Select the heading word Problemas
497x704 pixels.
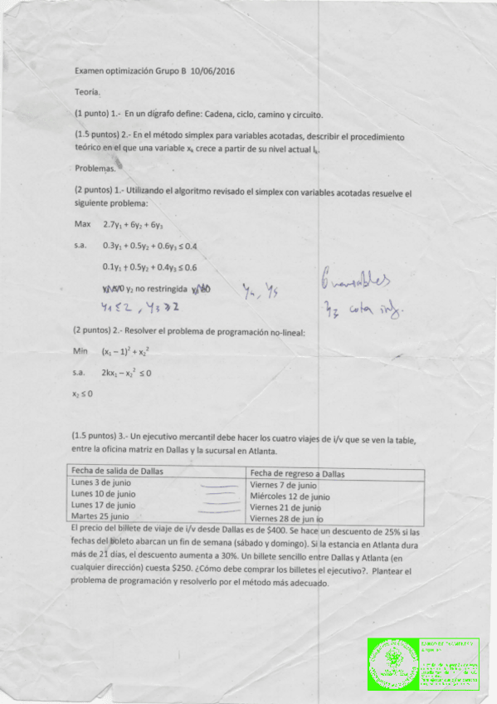[95, 169]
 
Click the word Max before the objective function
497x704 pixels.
[82, 224]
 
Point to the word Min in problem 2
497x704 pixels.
[80, 352]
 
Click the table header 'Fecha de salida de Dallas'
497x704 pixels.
[117, 471]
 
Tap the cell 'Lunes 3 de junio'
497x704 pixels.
[103, 482]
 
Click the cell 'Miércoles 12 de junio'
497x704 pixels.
[290, 496]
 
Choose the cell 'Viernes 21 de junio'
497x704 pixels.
[285, 507]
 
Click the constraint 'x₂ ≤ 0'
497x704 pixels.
[82, 394]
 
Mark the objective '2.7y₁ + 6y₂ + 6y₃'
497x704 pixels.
[133, 224]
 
